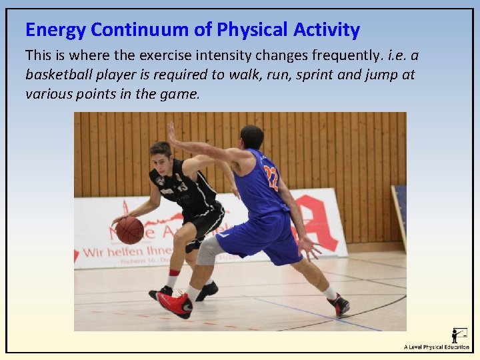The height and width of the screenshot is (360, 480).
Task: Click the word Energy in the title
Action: click(x=56, y=30)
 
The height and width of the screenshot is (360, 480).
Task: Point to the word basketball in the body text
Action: click(x=59, y=74)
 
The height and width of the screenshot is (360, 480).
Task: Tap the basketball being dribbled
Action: click(x=130, y=231)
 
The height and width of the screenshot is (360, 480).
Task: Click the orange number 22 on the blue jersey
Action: click(x=270, y=178)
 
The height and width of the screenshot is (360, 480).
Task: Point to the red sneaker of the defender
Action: click(x=174, y=304)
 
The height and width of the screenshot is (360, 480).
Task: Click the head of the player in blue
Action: click(x=251, y=137)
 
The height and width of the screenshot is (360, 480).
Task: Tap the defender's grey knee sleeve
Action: click(x=209, y=251)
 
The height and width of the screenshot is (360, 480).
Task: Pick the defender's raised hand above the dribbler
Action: click(x=172, y=132)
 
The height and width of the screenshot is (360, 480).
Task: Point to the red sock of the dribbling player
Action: click(x=173, y=273)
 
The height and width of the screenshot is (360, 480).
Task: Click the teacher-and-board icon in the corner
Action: click(x=459, y=335)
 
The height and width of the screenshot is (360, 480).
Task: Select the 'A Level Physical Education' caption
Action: click(x=437, y=347)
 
